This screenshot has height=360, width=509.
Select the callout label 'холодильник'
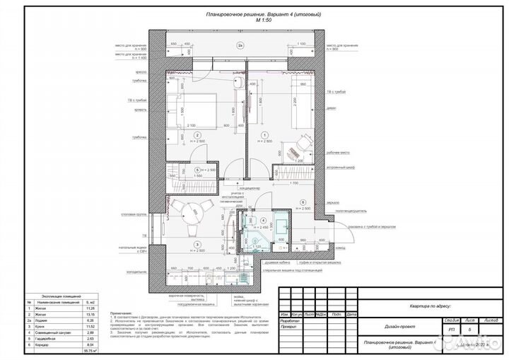point(126,270)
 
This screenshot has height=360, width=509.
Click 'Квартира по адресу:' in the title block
point(425,306)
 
